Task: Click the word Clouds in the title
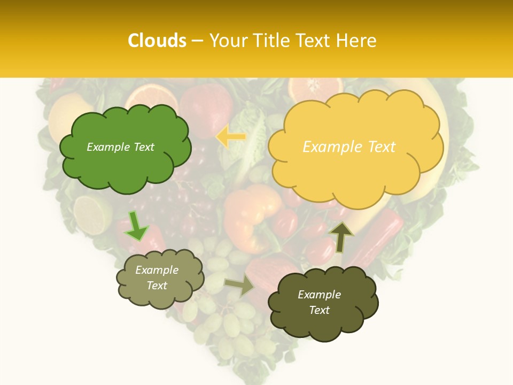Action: click(157, 41)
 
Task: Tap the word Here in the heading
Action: click(358, 41)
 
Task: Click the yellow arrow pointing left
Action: click(231, 137)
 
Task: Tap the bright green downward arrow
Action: click(136, 226)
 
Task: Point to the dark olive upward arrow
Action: click(340, 236)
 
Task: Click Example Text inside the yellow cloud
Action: click(349, 147)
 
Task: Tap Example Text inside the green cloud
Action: click(120, 147)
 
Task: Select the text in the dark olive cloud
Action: click(319, 302)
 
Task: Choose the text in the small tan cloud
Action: click(157, 278)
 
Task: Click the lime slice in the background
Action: click(92, 214)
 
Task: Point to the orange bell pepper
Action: click(251, 217)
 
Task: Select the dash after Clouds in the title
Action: click(197, 41)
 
